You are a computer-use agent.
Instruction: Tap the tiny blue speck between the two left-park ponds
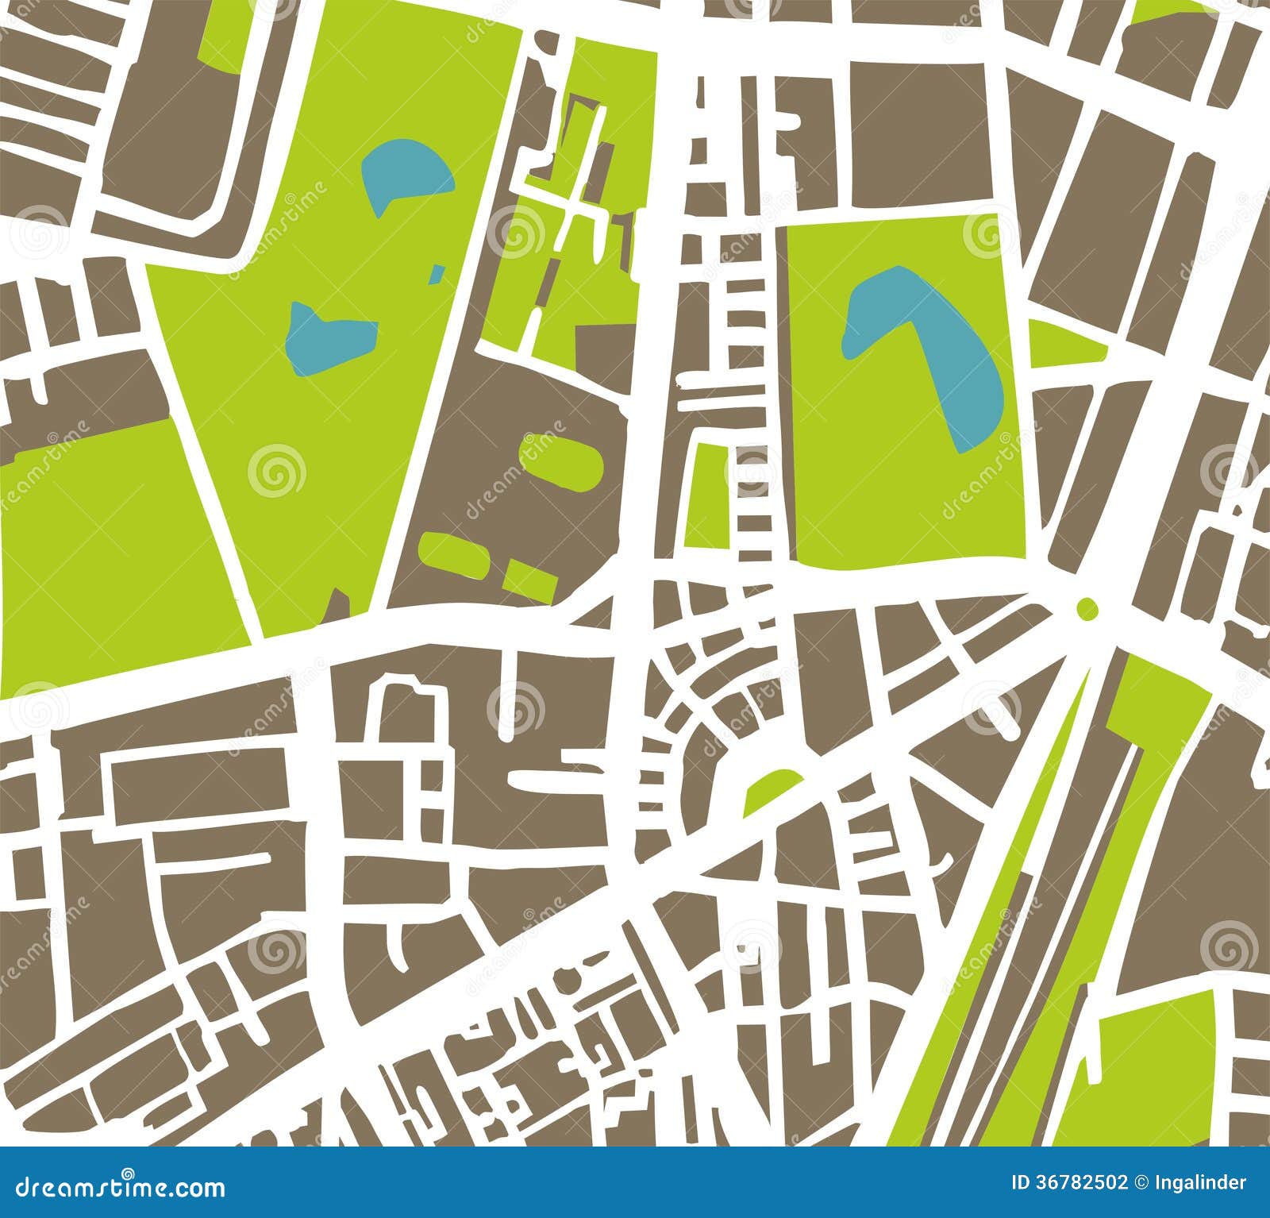pyautogui.click(x=437, y=274)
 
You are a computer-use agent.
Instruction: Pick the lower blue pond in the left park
pyautogui.click(x=321, y=337)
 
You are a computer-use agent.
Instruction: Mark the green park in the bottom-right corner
pyautogui.click(x=1151, y=1072)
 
